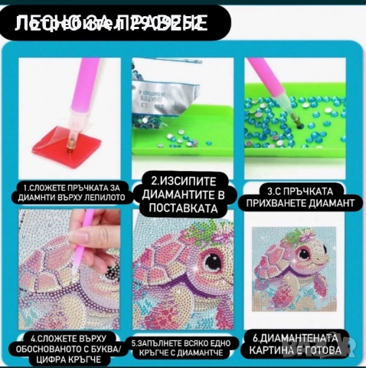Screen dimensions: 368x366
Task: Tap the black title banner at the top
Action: [x=115, y=24]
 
